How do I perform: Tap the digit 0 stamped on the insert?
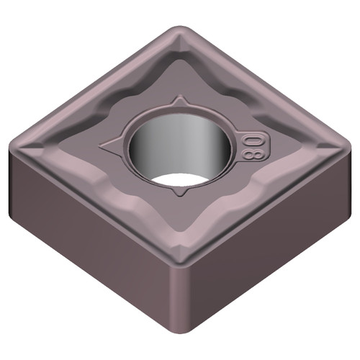click(252, 137)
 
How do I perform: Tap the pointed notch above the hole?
click(179, 99)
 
